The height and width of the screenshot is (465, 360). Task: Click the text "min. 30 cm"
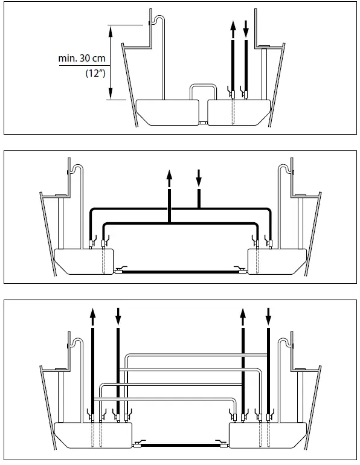82,59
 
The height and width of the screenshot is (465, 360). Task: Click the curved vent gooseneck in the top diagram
156,19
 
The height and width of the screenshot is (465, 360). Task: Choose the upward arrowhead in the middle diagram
170,176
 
